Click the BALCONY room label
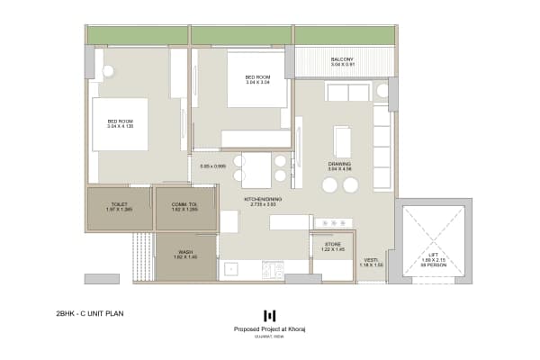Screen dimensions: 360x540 coord(341,59)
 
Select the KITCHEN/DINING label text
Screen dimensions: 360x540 coord(264,199)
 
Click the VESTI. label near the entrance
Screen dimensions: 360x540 coord(371,259)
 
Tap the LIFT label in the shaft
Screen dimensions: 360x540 coord(434,255)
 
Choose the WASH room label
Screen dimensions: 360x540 coord(184,253)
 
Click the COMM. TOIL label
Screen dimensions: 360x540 coord(184,204)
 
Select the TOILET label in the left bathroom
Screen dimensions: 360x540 coord(119,204)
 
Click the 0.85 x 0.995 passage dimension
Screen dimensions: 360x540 coord(212,166)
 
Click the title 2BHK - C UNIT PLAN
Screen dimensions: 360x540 coord(90,315)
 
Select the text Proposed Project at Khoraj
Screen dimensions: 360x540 coord(270,329)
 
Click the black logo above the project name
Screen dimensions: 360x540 coord(269,315)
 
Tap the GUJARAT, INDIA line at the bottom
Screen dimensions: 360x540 coord(270,338)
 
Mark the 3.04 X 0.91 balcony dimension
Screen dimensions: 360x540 coord(341,66)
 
